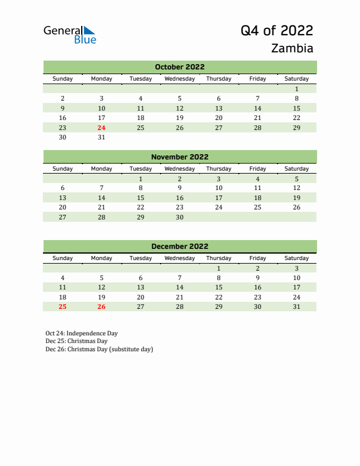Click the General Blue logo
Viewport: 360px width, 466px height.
[69, 35]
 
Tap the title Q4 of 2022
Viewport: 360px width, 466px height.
[276, 31]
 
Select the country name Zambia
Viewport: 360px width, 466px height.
[292, 48]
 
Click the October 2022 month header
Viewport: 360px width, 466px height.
[179, 67]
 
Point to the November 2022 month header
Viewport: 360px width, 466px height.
[179, 157]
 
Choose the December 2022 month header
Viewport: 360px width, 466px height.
[179, 247]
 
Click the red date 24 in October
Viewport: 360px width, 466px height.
[102, 128]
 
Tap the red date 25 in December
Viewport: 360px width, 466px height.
[63, 307]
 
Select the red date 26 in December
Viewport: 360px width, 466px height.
[102, 307]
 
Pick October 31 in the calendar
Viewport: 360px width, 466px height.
[102, 138]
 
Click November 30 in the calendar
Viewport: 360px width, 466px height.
[179, 217]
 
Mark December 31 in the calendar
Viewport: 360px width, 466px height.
[296, 307]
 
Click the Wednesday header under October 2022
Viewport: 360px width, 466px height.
[179, 79]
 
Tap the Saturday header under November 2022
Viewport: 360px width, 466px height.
[296, 169]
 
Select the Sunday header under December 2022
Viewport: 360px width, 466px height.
[63, 258]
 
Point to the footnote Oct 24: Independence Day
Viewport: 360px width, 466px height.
[82, 333]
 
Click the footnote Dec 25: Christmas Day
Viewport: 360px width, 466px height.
[76, 341]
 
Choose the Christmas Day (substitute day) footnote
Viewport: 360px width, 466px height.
[99, 349]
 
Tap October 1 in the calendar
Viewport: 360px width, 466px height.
[296, 89]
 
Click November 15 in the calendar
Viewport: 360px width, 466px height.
[141, 198]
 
